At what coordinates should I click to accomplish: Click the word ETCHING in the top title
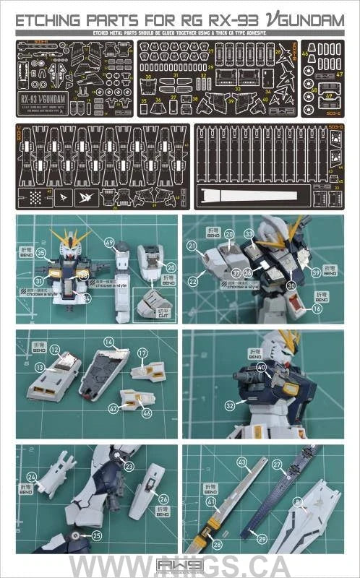(x=48, y=22)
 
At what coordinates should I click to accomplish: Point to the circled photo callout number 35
(x=41, y=252)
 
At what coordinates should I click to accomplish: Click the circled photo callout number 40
(x=261, y=367)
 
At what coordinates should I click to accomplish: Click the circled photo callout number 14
(x=109, y=341)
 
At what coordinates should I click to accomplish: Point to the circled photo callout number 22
(x=193, y=281)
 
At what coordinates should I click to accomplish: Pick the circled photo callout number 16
(x=317, y=308)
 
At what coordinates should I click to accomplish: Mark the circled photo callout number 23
(x=128, y=467)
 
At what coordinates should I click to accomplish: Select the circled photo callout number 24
(x=31, y=477)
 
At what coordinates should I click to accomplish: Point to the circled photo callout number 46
(x=147, y=412)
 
